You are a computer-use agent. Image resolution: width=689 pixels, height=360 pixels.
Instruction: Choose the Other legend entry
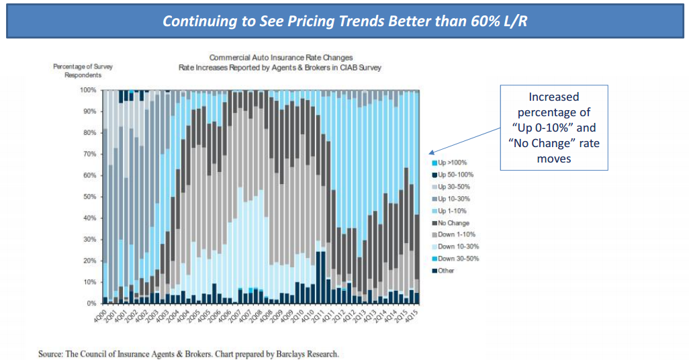[445, 271]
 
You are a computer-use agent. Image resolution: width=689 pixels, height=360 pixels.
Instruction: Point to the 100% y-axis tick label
[88, 89]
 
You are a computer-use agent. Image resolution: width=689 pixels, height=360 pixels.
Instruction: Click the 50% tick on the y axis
[89, 197]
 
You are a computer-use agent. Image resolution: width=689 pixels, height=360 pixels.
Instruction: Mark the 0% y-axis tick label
[91, 304]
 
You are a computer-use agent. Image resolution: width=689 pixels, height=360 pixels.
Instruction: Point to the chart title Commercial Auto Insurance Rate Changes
[281, 58]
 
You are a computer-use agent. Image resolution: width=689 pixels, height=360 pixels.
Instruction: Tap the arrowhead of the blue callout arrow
[432, 153]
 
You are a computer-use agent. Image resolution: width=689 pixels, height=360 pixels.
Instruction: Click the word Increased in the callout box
[554, 97]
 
